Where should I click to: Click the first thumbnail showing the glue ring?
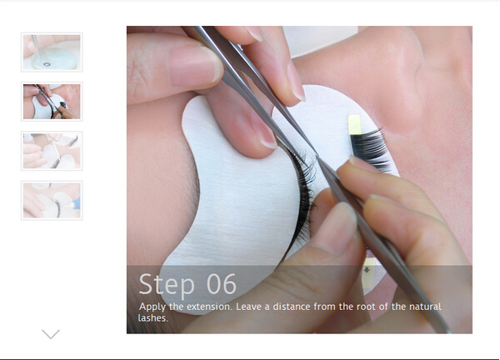[52, 52]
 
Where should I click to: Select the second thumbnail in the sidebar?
[52, 102]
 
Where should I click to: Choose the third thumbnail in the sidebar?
[52, 151]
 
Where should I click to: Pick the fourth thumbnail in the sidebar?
[52, 200]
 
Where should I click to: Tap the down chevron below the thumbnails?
[51, 334]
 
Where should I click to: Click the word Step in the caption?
[167, 284]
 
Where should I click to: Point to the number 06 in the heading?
[222, 284]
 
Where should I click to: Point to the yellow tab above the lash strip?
[355, 125]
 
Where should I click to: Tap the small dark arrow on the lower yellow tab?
[367, 270]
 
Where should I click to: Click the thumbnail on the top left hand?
[52, 52]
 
